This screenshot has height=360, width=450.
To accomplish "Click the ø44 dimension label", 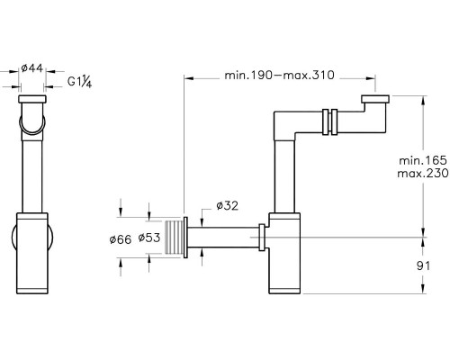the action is [x=32, y=68].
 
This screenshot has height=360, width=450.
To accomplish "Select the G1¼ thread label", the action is [x=79, y=82].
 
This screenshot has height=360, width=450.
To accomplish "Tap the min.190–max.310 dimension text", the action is [x=279, y=75].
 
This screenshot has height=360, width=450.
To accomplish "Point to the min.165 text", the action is [x=423, y=160].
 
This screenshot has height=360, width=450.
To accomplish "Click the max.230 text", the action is [x=423, y=174].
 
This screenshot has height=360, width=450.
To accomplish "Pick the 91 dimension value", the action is [x=423, y=265].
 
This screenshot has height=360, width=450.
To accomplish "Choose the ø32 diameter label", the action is [x=228, y=206].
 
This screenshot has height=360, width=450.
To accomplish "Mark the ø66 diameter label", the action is [x=121, y=239].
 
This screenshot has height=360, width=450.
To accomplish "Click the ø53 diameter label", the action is [x=149, y=238].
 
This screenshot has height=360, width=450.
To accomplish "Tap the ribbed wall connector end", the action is [x=174, y=238].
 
